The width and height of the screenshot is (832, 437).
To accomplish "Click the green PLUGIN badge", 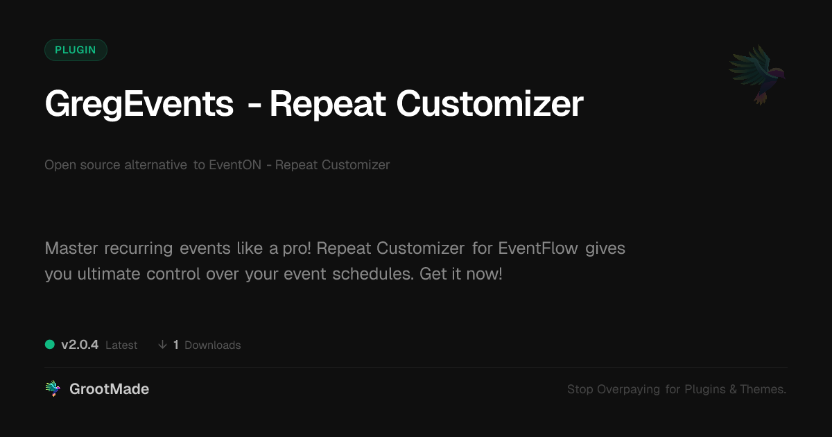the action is click(76, 50).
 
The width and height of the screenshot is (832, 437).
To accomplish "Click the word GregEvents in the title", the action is click(139, 105).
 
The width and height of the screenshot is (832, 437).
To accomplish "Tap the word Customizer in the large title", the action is click(490, 103).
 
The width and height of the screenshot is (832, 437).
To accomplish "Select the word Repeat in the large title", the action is click(327, 105).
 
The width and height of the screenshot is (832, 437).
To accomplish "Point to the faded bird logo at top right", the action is click(757, 75).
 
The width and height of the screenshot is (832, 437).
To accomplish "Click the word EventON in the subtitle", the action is click(235, 164).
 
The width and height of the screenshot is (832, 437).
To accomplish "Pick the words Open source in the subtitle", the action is click(82, 165).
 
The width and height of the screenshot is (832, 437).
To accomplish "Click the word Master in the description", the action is click(71, 248).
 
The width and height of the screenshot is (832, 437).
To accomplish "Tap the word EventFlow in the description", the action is click(538, 248).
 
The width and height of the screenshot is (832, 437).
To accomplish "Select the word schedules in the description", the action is click(373, 274).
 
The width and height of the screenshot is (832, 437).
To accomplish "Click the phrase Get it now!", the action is click(461, 274).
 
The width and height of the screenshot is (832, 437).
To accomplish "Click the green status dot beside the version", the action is click(50, 345).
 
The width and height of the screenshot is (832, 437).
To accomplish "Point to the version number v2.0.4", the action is click(80, 345).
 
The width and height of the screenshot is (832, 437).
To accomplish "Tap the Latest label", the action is click(121, 345).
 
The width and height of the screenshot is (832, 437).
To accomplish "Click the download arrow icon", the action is click(162, 345).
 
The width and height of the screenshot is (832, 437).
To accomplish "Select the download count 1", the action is click(176, 345).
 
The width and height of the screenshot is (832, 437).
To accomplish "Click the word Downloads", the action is click(213, 345).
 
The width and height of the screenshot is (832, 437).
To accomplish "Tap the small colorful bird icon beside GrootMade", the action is click(53, 388).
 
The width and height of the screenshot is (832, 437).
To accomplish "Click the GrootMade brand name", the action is click(110, 389).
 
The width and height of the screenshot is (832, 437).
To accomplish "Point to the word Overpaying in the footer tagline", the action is click(628, 389).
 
